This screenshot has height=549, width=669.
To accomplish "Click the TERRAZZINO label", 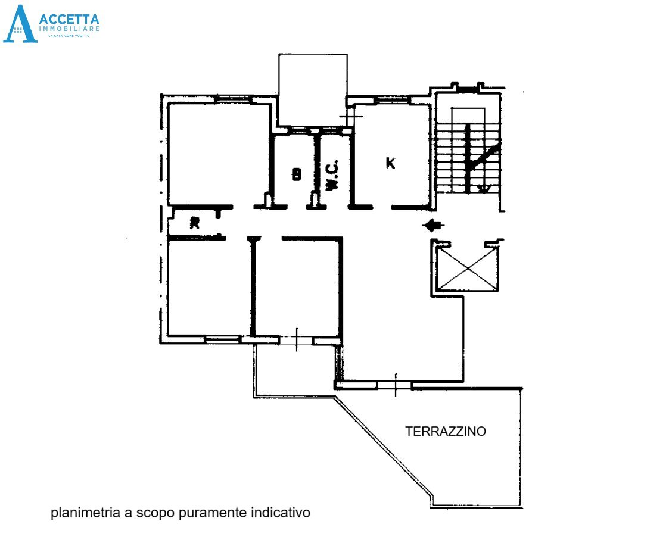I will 445,432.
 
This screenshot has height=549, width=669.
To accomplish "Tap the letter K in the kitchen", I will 390,162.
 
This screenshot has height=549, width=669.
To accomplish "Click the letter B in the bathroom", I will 296,174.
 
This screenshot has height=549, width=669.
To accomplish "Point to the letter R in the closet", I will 194,223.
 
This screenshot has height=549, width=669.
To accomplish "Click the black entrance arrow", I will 433,225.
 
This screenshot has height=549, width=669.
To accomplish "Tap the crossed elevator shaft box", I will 467,269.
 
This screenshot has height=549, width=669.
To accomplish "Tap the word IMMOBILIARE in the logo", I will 69,29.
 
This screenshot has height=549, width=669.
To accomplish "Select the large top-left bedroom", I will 219,153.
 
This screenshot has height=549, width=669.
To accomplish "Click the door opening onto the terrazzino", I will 394,385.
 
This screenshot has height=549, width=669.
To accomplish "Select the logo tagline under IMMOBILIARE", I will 69,37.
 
